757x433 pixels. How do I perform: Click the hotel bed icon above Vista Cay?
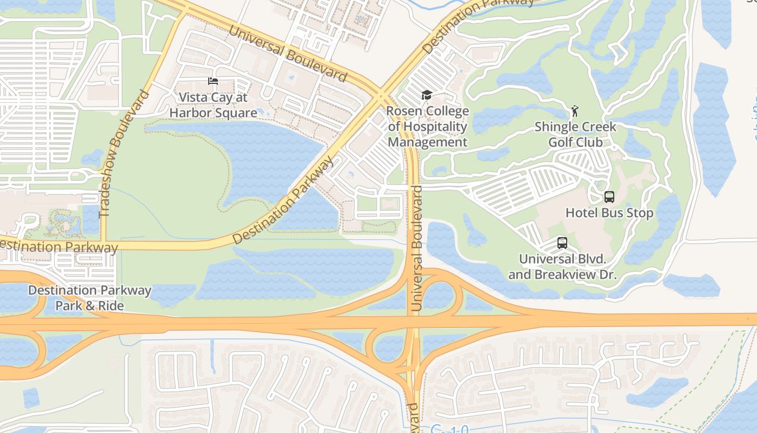[x=213, y=82]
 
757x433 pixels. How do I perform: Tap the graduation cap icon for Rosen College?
[x=427, y=95]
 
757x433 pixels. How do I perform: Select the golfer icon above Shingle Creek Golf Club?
[x=575, y=111]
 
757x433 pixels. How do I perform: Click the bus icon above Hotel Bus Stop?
[x=609, y=197]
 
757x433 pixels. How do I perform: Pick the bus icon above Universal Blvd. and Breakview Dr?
[x=562, y=243]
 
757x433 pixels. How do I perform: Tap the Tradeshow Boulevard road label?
[x=124, y=154]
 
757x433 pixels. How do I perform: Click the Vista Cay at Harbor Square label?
[x=213, y=105]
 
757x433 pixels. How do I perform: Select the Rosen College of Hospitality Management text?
[x=428, y=127]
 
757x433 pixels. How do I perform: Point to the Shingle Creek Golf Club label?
[x=575, y=134]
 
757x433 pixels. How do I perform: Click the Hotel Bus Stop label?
[x=609, y=213]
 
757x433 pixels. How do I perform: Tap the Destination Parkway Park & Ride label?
[x=90, y=298]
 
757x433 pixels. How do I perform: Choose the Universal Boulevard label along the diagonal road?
[x=287, y=53]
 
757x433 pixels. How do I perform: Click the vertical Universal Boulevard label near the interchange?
[x=416, y=248]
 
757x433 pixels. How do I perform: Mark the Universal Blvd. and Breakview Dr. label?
[x=562, y=267]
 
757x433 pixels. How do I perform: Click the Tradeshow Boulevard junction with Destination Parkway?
[x=102, y=245]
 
